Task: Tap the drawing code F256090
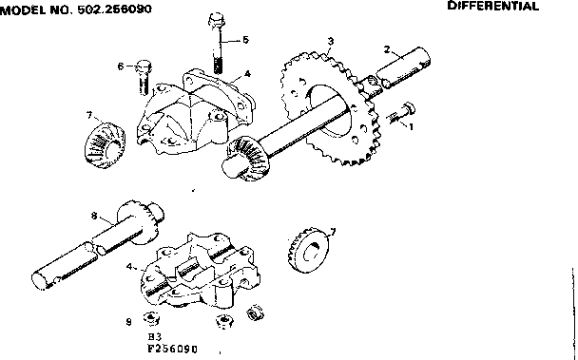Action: [172, 348]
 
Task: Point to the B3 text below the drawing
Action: [154, 336]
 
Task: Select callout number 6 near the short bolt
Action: [122, 66]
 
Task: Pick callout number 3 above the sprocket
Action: [329, 41]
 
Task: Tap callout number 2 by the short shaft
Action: [387, 48]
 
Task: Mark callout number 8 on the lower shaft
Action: [93, 217]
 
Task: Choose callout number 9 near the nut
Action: [128, 320]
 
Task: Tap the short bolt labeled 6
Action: [144, 75]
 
